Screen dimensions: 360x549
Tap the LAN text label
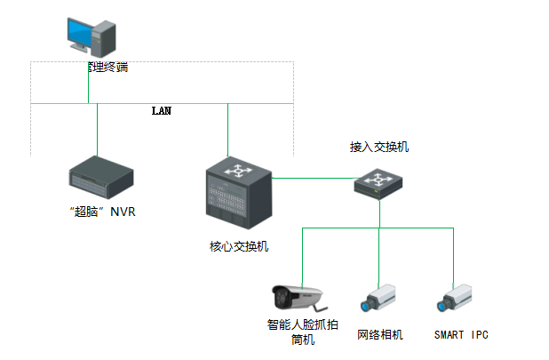(161, 111)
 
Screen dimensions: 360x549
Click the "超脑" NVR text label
(100, 212)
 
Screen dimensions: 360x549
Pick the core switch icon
(237, 192)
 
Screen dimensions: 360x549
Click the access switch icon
(379, 181)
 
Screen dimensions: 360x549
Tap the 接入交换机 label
(379, 146)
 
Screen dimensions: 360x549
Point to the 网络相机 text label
(380, 334)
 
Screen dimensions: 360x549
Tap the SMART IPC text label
(461, 334)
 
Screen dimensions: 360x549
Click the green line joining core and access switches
(311, 178)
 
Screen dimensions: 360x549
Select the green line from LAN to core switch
(228, 129)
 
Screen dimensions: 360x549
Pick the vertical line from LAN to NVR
(98, 129)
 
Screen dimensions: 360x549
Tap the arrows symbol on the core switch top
(237, 168)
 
